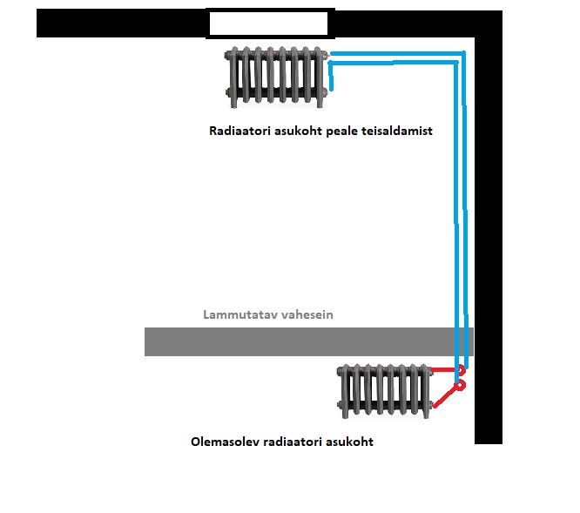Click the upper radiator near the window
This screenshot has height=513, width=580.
(x=278, y=77)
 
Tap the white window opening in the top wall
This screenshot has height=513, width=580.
(x=269, y=24)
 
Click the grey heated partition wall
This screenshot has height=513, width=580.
(x=296, y=341)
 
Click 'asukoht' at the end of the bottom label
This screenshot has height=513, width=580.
(x=350, y=442)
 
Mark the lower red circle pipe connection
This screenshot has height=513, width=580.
(x=461, y=383)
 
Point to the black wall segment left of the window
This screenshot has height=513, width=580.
(x=121, y=24)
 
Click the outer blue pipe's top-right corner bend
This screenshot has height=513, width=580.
(x=463, y=55)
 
